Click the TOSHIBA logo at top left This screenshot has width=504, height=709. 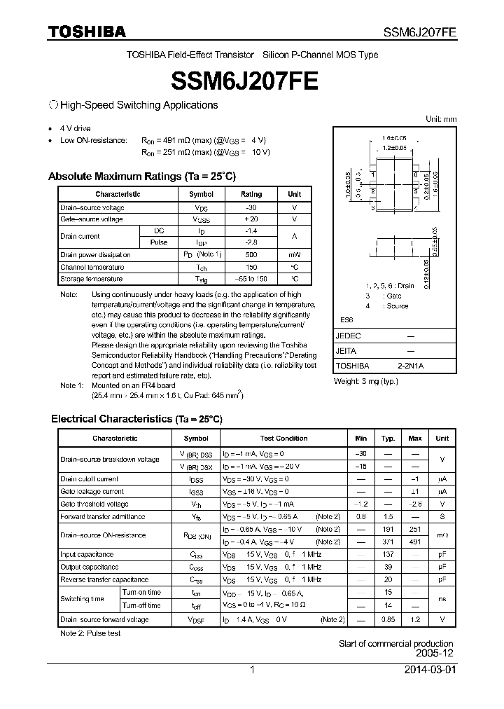(87, 32)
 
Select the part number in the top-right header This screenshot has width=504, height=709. (420, 32)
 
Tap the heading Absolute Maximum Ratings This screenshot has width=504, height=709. (142, 176)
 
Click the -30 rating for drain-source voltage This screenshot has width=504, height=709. (251, 208)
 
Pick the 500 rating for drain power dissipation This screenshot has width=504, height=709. (251, 255)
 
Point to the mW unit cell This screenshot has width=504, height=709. (294, 255)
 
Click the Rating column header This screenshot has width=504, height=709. (251, 194)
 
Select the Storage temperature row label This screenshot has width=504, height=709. (92, 279)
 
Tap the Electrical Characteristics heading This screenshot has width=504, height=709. (136, 419)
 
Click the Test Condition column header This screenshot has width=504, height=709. (283, 438)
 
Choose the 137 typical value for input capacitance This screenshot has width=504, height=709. (387, 554)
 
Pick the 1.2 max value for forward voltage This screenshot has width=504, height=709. (415, 619)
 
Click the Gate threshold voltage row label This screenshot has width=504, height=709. (94, 504)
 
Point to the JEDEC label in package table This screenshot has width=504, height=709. (348, 336)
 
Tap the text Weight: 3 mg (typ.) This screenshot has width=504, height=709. (366, 380)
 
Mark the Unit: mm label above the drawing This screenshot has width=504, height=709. (441, 119)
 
